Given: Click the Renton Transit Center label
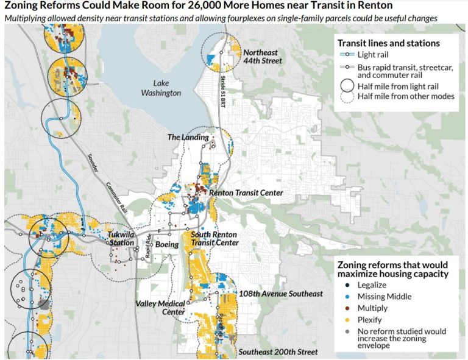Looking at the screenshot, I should pos(246,193).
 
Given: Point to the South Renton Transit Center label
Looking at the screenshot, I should pos(214,238).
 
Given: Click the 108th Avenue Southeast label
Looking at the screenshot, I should pos(282,294).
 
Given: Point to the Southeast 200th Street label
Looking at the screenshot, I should pos(278,352).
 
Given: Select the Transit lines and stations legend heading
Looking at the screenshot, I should pos(388,43).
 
